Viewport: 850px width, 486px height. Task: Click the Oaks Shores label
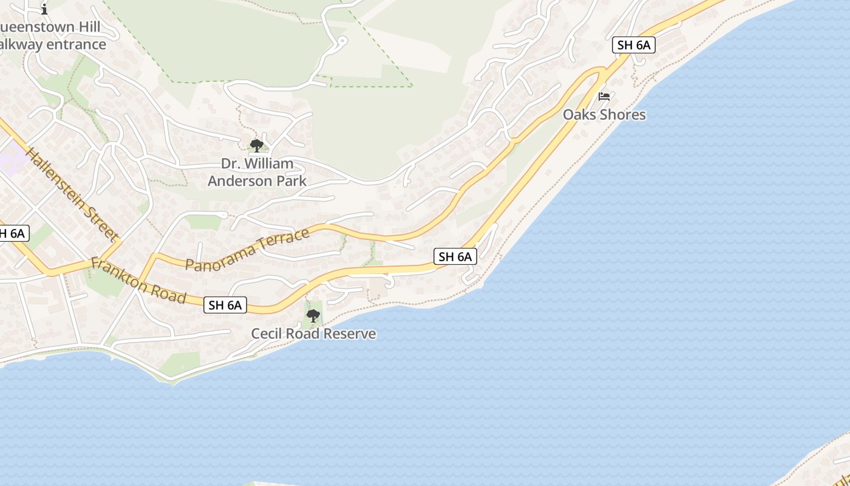(604, 115)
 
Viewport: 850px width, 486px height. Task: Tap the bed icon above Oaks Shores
(604, 96)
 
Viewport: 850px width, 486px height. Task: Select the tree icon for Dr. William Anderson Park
(257, 145)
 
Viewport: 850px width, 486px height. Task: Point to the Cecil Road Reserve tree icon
(313, 316)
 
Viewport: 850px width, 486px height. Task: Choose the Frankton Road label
(138, 280)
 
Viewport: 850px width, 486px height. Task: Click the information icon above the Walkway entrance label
(44, 9)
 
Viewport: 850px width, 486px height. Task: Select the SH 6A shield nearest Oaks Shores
(634, 45)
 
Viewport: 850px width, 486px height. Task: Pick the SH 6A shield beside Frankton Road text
(225, 305)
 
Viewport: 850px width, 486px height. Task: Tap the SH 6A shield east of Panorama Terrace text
(455, 256)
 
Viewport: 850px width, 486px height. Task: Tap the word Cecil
(268, 334)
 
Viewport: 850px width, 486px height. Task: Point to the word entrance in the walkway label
(76, 44)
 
